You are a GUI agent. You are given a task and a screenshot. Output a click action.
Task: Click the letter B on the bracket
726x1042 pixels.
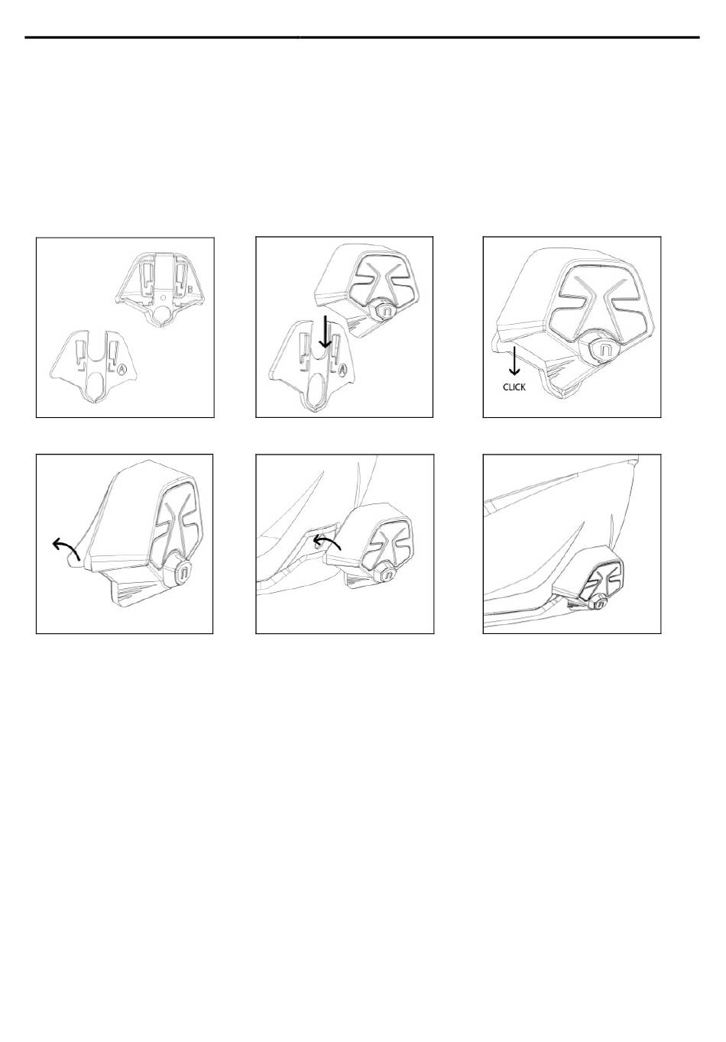tap(190, 290)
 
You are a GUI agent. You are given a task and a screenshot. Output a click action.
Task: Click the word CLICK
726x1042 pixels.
tap(514, 387)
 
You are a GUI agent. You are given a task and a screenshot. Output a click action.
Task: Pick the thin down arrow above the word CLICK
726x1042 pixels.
tap(514, 361)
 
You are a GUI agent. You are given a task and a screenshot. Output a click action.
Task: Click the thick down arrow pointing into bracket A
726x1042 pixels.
tap(325, 332)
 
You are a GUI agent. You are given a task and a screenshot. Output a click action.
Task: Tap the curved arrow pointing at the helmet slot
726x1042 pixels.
tap(327, 542)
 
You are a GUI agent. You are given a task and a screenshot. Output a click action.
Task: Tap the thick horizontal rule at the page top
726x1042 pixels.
tap(362, 37)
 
